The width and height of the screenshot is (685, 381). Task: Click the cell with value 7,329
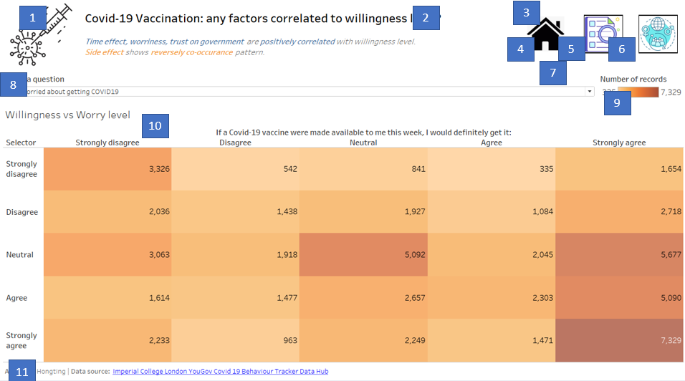[619, 340]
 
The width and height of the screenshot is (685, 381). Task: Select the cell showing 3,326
[107, 169]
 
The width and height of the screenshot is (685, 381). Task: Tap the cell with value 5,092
[363, 254]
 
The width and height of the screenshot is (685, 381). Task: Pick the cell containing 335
[491, 169]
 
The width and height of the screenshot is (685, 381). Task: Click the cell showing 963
[235, 340]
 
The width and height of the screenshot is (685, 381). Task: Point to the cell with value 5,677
[619, 254]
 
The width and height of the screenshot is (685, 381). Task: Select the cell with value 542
[235, 169]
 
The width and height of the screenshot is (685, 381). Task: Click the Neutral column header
[363, 143]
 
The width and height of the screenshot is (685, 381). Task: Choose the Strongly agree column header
[618, 143]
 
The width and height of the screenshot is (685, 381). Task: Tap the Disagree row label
[21, 212]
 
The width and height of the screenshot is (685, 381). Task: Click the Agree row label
[18, 297]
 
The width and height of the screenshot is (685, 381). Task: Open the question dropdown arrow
[590, 92]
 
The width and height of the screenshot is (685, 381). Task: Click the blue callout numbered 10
[155, 126]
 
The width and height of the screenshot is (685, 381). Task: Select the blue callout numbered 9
[617, 103]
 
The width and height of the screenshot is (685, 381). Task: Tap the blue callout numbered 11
[22, 371]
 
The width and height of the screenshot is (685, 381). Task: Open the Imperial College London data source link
[220, 371]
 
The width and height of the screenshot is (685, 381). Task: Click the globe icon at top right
[658, 34]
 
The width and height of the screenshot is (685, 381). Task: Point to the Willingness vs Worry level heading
[67, 115]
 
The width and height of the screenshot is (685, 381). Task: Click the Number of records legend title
[633, 79]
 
